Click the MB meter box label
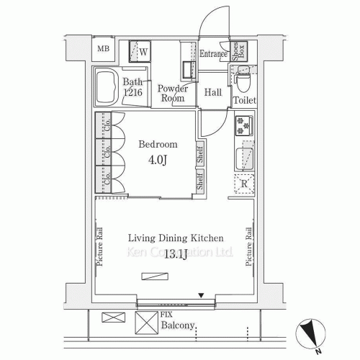[x=104, y=49]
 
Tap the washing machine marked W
[x=140, y=51]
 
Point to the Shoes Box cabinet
[x=239, y=51]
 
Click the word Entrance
[x=213, y=53]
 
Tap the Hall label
[x=213, y=92]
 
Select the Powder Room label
[x=173, y=94]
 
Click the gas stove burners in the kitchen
[x=243, y=125]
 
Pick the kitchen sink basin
[x=245, y=159]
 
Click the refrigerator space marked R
[x=244, y=184]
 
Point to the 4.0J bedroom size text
[x=158, y=160]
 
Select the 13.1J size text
[x=176, y=254]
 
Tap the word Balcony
[x=178, y=325]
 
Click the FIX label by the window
[x=166, y=314]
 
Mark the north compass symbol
[x=310, y=334]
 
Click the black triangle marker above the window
[x=201, y=295]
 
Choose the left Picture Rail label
[x=99, y=247]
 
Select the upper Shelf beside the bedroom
[x=200, y=155]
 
